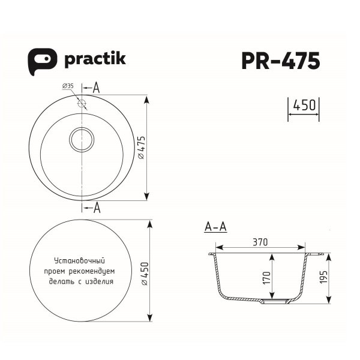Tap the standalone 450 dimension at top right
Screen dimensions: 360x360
coord(303,106)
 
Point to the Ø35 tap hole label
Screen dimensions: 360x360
coord(67,87)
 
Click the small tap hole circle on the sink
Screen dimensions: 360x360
coord(82,103)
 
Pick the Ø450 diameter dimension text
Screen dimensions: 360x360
coord(142,273)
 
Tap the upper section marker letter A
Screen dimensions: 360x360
coord(96,88)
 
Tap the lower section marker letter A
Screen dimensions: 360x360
coord(96,208)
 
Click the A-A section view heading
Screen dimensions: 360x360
coord(215,227)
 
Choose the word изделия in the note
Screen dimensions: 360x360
coord(100,280)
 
